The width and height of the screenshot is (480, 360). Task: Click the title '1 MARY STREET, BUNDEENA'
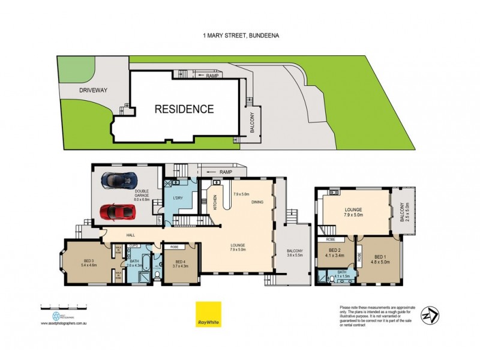(x=240, y=35)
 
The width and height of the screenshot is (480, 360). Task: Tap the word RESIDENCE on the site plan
(x=184, y=109)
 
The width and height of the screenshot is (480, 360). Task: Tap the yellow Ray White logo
(x=208, y=314)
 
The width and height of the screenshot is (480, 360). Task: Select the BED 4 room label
(x=181, y=263)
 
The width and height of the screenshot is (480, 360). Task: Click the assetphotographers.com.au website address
(x=65, y=323)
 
